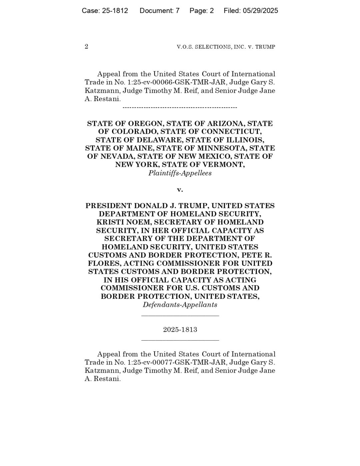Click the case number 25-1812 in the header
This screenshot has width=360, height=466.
115,11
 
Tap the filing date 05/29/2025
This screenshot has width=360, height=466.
260,11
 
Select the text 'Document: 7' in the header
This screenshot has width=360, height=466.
159,11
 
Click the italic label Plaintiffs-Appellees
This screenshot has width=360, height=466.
180,173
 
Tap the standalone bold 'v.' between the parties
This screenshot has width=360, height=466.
180,190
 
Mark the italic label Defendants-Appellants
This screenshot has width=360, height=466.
180,305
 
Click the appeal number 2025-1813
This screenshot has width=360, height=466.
180,330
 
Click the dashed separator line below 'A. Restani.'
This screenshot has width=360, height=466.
180,107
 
